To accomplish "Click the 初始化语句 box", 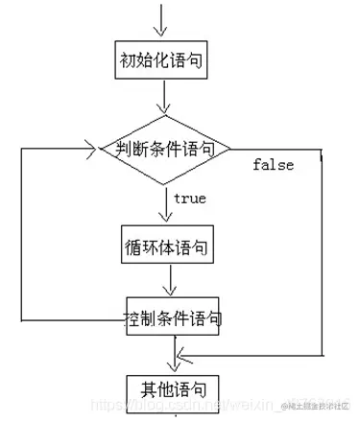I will (168, 59).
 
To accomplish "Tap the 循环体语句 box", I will (168, 246).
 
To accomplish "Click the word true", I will (188, 199).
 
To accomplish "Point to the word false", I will (273, 165).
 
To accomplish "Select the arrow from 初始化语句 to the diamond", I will (169, 96).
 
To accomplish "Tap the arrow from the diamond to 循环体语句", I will (169, 205).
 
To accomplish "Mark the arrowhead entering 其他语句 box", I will (174, 365).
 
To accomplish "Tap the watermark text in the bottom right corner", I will (315, 397).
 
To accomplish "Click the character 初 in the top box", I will (126, 59).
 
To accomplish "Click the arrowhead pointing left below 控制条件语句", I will (180, 357).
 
